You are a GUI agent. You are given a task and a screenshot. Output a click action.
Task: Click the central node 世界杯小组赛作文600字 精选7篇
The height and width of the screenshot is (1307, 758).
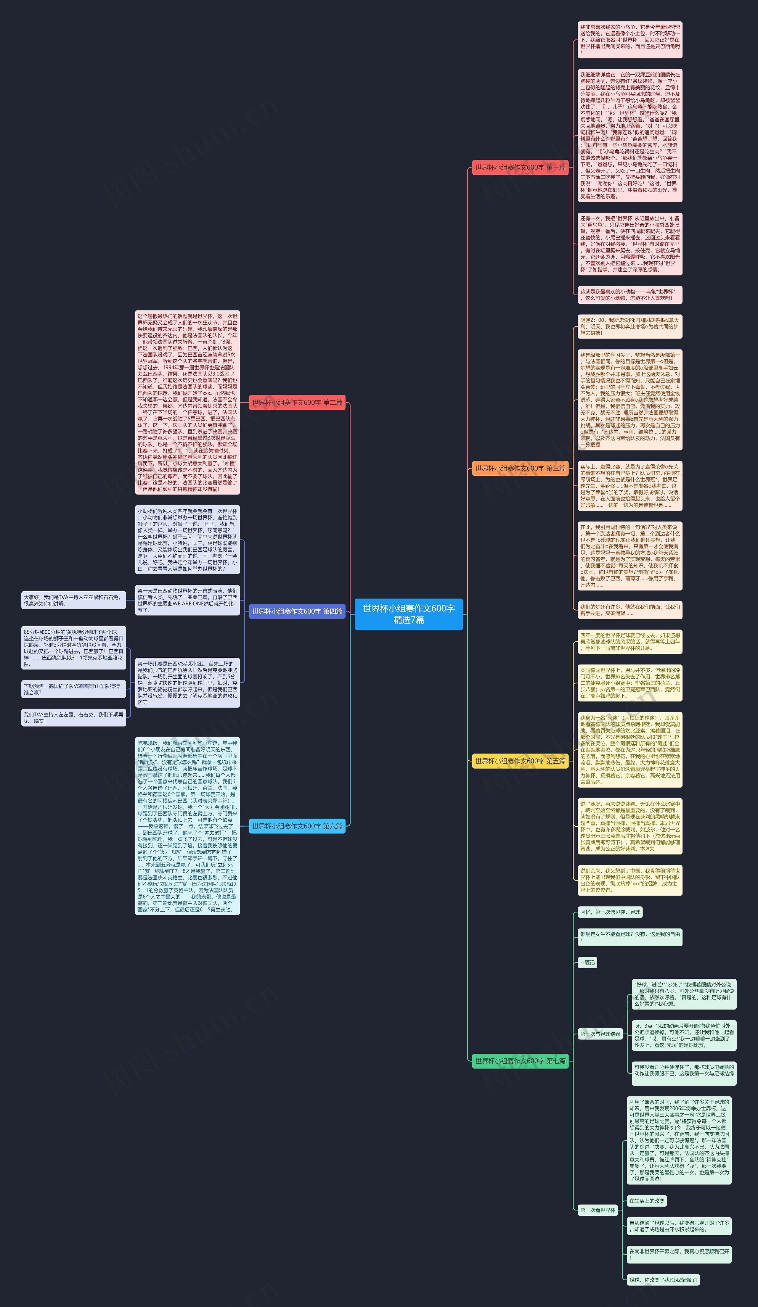408,614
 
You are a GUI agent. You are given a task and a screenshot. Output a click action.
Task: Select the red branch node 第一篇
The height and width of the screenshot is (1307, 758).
520,168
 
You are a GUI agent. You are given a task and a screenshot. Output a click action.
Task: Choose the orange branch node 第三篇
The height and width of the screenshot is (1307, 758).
520,468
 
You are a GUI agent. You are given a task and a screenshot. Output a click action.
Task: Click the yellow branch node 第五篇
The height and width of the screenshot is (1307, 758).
520,761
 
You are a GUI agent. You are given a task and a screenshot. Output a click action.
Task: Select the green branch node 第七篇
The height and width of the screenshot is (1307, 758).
520,1061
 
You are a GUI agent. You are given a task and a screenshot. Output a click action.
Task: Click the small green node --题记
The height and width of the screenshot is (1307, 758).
587,962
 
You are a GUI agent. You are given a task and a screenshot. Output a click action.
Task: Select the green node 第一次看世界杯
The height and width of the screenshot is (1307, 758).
598,1211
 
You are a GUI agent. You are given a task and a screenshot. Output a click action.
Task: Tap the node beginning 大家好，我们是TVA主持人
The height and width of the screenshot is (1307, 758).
73,601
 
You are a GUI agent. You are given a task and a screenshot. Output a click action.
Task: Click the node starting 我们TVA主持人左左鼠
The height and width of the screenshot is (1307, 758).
73,718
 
